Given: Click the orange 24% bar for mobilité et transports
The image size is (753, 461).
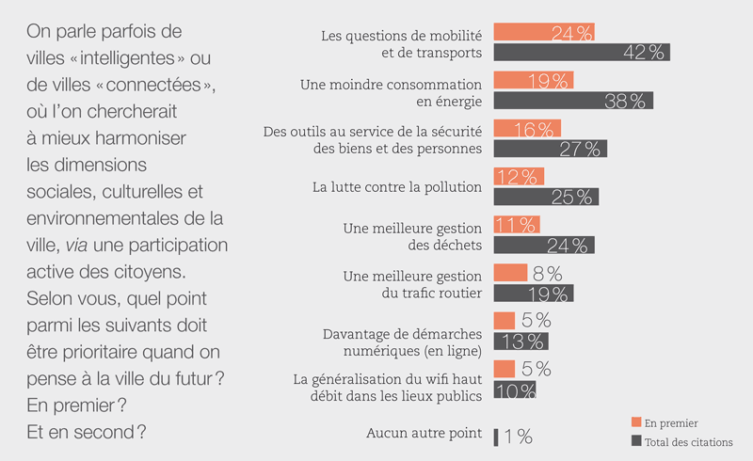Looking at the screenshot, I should click(544, 32).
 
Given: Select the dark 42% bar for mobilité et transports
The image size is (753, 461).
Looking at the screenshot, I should click(581, 52).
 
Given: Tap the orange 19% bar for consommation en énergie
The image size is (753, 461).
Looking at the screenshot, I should click(533, 80).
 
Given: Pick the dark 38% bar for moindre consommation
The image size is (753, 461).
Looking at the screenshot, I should click(572, 100).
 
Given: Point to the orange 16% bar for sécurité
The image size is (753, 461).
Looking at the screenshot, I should click(526, 128).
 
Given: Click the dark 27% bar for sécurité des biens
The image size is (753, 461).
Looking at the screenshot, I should click(550, 148).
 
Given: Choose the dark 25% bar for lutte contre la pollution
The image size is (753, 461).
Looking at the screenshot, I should click(546, 197).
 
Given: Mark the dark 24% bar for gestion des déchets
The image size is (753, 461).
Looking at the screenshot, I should click(544, 245).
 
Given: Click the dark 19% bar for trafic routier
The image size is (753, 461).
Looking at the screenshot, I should click(533, 293).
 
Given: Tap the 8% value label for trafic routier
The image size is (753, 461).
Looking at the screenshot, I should click(548, 273).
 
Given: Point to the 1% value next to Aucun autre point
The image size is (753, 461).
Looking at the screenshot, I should click(519, 436).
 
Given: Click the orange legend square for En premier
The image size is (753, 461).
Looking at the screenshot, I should click(637, 423).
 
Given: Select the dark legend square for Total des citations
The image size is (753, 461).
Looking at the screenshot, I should click(637, 441).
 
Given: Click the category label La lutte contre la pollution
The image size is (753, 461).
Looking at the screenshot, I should click(397, 186).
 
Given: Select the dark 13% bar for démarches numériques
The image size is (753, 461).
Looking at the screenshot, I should click(521, 341).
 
